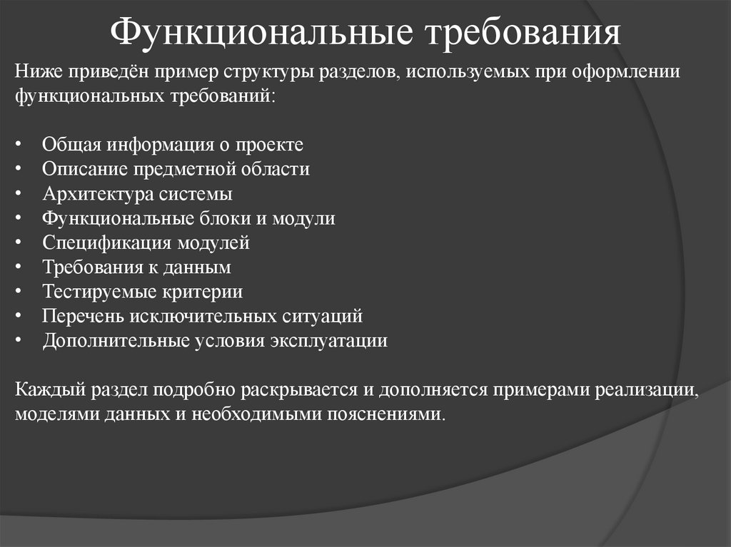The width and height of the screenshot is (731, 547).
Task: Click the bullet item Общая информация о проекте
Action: click(173, 145)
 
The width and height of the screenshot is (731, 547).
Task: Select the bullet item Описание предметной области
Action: click(176, 169)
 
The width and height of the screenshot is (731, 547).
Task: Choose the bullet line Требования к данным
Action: click(136, 267)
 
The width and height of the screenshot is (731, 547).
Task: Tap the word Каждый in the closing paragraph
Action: click(46, 390)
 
